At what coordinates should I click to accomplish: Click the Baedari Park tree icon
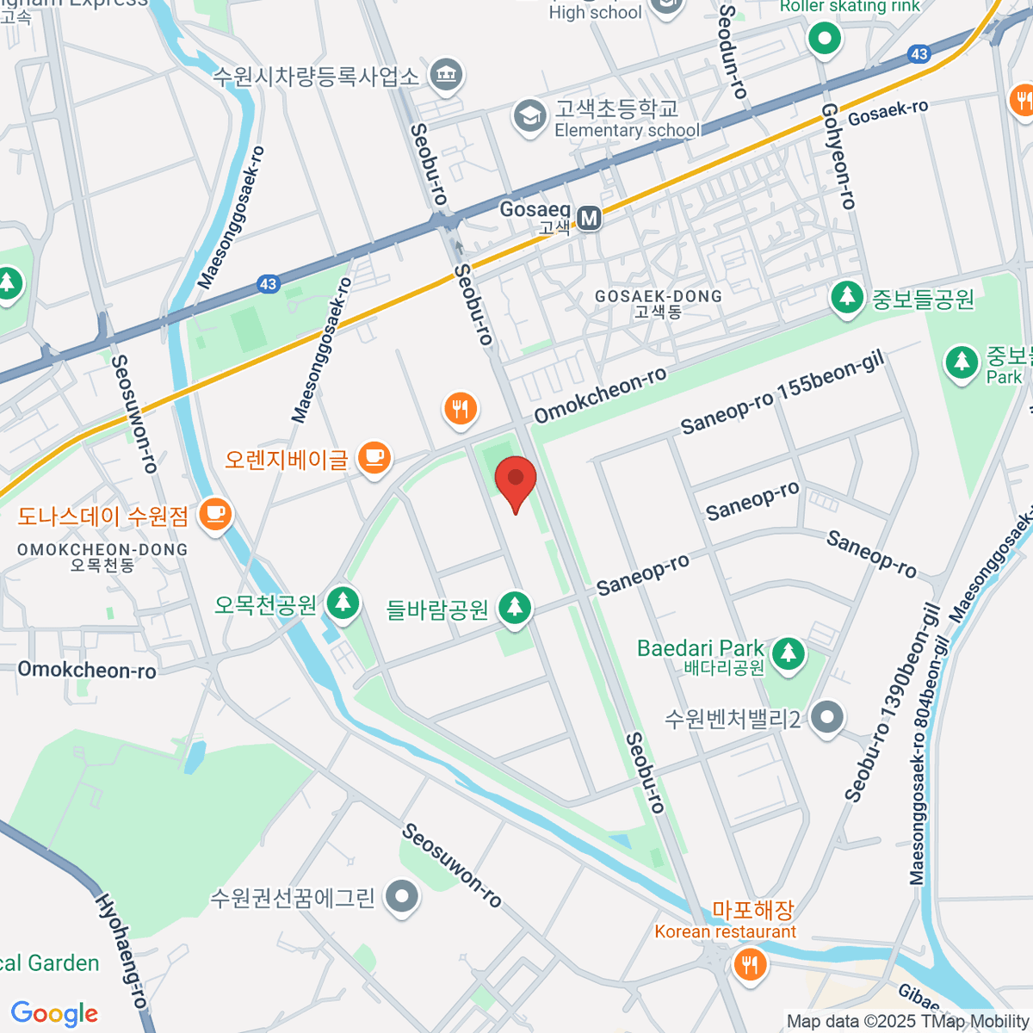point(787,653)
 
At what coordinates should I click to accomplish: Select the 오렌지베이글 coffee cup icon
point(374,458)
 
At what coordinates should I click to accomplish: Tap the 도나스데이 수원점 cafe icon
point(214,515)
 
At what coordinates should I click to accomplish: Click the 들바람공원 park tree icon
point(515,608)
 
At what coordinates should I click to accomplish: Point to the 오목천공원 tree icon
point(343,601)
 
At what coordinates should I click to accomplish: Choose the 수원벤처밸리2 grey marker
point(827,717)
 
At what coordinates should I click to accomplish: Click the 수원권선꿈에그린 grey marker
point(401,897)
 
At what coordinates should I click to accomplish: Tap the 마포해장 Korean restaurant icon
point(750,964)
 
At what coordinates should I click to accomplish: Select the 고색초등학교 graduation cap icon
point(529,116)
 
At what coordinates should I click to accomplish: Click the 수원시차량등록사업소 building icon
point(445,75)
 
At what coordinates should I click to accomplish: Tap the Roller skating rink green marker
point(824,39)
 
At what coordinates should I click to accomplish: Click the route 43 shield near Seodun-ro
point(919,54)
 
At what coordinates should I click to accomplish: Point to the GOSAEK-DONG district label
point(659,303)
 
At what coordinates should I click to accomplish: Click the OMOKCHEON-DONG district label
point(102,556)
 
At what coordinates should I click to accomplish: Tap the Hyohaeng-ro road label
point(121,950)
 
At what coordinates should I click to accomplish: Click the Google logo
point(54,1014)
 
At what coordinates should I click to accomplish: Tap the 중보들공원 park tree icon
point(847,298)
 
